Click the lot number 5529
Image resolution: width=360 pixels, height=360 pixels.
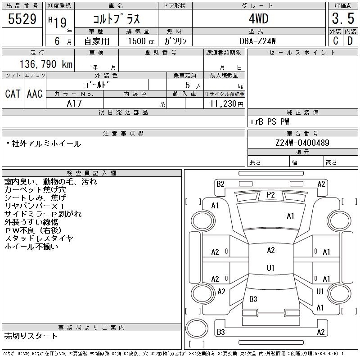point(22,19)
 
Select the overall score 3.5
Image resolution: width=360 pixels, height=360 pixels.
point(343,18)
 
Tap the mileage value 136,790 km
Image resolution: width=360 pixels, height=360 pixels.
point(46,64)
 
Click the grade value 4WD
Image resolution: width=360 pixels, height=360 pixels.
point(258,18)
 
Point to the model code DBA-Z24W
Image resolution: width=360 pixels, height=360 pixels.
point(257,41)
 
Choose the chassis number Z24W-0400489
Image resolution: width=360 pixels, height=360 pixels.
point(302,143)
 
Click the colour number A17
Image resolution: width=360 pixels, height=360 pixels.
point(74,103)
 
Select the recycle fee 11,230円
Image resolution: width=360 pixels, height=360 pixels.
point(226,104)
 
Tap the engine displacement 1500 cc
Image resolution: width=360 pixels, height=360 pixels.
point(141,41)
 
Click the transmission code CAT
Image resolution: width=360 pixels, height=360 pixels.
point(13,94)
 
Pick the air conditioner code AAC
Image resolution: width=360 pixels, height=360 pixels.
point(35,94)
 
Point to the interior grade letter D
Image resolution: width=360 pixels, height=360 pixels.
point(350,41)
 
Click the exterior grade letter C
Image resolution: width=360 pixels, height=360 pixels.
point(336,41)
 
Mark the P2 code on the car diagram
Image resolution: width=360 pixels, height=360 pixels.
point(271,195)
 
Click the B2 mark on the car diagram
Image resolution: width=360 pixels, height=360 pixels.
point(220,184)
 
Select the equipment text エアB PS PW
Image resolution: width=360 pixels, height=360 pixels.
point(269,121)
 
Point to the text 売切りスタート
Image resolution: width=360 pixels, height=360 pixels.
point(31,336)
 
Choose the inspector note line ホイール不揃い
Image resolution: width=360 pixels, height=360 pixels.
point(31,246)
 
